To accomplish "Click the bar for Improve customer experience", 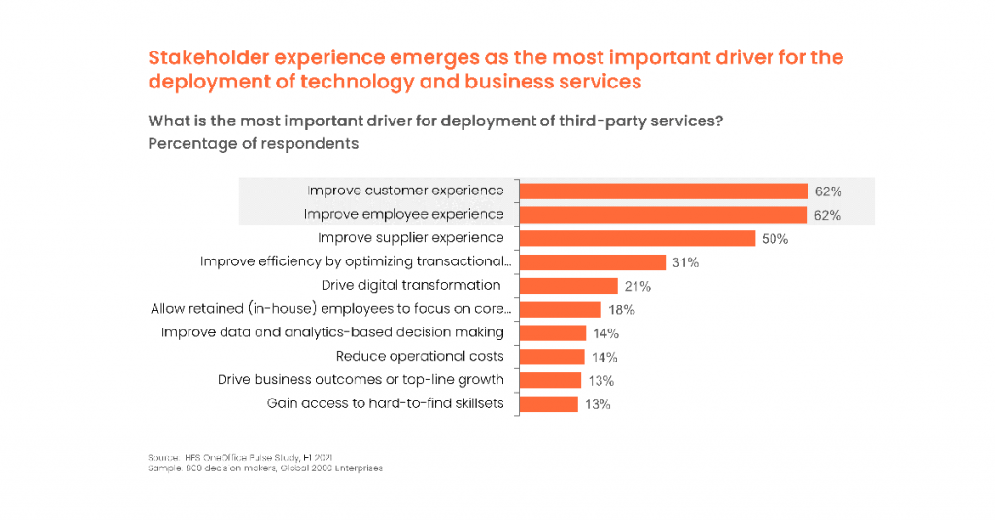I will [664, 191].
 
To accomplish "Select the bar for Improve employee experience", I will [664, 215].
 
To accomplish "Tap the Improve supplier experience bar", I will [637, 238].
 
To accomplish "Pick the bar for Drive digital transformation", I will [568, 286].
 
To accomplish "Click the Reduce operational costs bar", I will [552, 357].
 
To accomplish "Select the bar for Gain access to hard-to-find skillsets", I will [549, 403].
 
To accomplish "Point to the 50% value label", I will [775, 239].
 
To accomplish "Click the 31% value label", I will [686, 262].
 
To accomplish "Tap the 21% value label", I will [637, 286].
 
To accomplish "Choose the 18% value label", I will [621, 309].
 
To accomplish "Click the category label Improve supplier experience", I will [411, 238].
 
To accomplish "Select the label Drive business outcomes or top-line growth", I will [360, 379].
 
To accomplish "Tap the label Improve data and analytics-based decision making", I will [332, 332].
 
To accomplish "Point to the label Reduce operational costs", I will [420, 356].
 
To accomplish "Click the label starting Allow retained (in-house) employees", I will [330, 309].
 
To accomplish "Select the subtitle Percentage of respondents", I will [253, 144].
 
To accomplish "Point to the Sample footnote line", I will [265, 468].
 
